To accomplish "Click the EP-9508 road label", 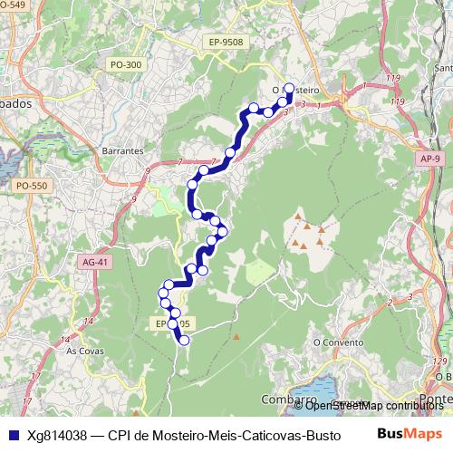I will coord(226,42).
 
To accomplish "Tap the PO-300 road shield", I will coord(125,64).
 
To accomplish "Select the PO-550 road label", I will coord(32,185).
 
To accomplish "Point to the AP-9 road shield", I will coord(431,159).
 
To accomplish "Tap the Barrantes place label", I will coord(124,150).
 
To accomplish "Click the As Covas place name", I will coord(84,349).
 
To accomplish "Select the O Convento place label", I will coord(332,342).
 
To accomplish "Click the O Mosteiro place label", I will coord(296,90).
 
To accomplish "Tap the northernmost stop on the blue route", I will coord(290,88).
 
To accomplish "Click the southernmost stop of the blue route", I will coord(184,341).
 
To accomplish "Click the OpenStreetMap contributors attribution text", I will coord(374,405).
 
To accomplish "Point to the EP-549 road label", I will coord(14,5).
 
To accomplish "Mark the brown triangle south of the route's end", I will coord(236,337).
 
